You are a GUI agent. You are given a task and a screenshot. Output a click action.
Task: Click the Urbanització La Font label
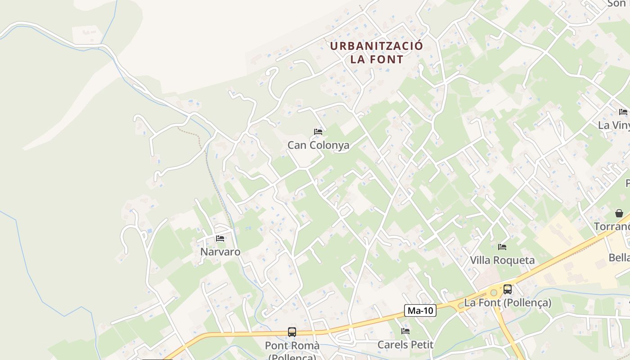tap(377, 52)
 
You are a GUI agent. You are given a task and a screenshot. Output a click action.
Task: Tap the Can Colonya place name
tap(318, 145)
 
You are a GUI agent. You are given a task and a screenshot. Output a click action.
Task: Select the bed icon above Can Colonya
tap(318, 132)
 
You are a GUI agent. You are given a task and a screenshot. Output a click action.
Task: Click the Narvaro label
tap(220, 252)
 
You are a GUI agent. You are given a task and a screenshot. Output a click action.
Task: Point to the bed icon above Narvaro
tap(220, 238)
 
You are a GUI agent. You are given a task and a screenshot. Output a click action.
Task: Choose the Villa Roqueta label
tap(502, 260)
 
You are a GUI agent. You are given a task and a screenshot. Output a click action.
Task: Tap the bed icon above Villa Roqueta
tap(502, 247)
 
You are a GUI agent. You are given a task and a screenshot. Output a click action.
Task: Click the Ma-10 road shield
tap(420, 310)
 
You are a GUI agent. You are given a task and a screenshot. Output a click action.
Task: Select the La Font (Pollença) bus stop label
tap(508, 302)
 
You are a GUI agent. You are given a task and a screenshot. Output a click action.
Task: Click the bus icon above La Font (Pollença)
tap(508, 289)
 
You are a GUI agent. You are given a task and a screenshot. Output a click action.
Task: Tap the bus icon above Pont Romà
tap(292, 332)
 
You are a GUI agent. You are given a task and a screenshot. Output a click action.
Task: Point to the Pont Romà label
tap(292, 346)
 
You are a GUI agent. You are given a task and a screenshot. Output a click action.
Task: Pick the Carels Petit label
tap(405, 345)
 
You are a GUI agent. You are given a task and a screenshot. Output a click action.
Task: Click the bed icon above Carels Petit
tap(405, 332)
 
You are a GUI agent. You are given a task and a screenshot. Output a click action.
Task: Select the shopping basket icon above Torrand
tap(619, 213)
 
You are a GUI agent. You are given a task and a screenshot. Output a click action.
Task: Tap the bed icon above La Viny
tap(623, 112)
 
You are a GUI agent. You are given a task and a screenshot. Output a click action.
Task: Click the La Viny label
tap(614, 125)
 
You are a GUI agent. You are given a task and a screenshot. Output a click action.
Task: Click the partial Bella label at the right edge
tap(619, 258)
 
